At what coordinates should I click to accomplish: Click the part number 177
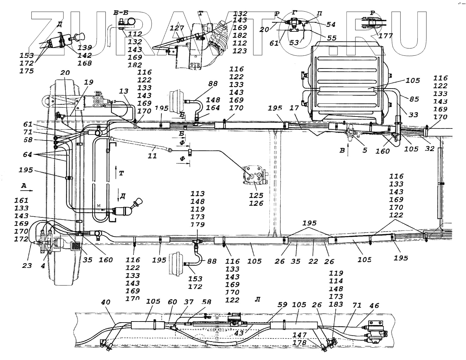click(x=385, y=35)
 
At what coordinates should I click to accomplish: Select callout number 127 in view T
click(x=177, y=28)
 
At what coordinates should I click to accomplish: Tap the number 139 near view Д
click(x=85, y=48)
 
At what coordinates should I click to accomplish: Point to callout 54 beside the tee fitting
click(x=331, y=24)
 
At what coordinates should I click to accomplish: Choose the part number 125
click(x=256, y=195)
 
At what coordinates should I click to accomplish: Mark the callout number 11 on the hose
click(x=152, y=156)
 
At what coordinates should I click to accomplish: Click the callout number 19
click(x=89, y=82)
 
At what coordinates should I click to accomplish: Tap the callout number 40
click(x=106, y=302)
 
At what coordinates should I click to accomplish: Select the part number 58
click(x=207, y=302)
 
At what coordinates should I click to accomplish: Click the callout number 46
click(x=374, y=306)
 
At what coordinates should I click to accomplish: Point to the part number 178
click(x=299, y=343)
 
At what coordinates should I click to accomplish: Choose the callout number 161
click(x=21, y=200)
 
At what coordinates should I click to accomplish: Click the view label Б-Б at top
click(x=121, y=13)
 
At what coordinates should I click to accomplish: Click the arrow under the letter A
click(x=28, y=190)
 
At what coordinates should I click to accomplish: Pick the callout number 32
click(x=430, y=149)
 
